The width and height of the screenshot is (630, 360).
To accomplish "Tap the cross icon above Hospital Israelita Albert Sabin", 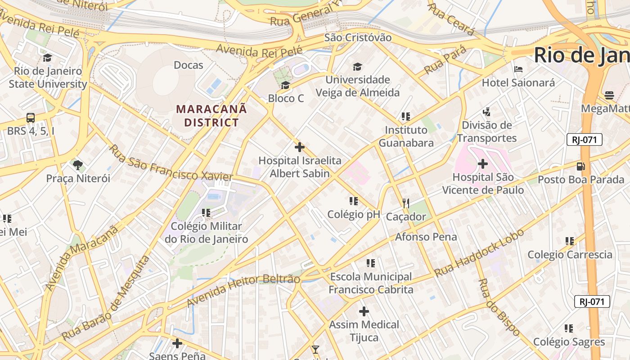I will tap(299, 147).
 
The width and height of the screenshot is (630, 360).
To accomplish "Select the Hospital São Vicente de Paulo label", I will tap(483, 184).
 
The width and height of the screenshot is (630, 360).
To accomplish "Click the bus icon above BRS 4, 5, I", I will tap(31, 118).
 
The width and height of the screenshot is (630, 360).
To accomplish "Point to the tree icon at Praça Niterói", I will tap(78, 165).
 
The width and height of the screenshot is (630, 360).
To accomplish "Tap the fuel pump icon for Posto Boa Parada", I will tap(581, 166).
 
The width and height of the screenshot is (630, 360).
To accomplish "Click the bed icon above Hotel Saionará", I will tap(518, 69).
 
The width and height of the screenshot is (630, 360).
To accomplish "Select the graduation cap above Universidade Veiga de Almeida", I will tap(357, 67).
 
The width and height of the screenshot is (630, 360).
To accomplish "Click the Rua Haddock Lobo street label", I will tap(479, 253).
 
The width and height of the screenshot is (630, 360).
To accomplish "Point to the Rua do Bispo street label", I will tap(499, 307).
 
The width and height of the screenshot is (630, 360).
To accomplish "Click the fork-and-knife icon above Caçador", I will tap(406, 203).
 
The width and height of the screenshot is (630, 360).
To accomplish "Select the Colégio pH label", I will tap(354, 214).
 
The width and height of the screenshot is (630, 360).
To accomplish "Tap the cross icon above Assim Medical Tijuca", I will tap(364, 311).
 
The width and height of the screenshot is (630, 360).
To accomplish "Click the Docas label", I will tap(189, 65).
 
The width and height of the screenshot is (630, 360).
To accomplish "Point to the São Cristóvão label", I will tap(358, 37).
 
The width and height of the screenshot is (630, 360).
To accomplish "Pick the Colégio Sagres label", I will tap(569, 342).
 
